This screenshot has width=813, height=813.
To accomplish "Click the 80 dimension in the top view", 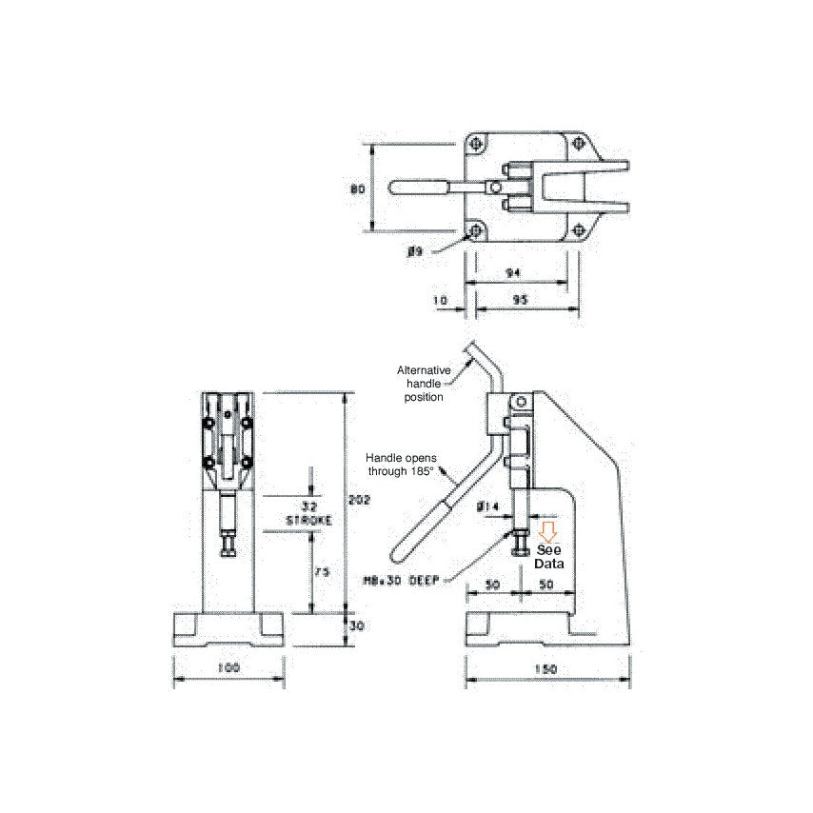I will click(358, 188).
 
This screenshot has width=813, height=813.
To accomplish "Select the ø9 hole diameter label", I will click(414, 251).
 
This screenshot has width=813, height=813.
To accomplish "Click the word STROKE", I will click(309, 521).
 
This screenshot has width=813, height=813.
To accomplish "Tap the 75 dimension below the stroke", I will click(323, 572).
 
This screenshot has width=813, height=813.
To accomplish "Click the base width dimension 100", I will click(228, 668).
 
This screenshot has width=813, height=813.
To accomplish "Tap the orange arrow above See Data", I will click(547, 531).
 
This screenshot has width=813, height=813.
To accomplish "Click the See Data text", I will click(549, 557).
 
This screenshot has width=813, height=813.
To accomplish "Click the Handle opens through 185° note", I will click(401, 464).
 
